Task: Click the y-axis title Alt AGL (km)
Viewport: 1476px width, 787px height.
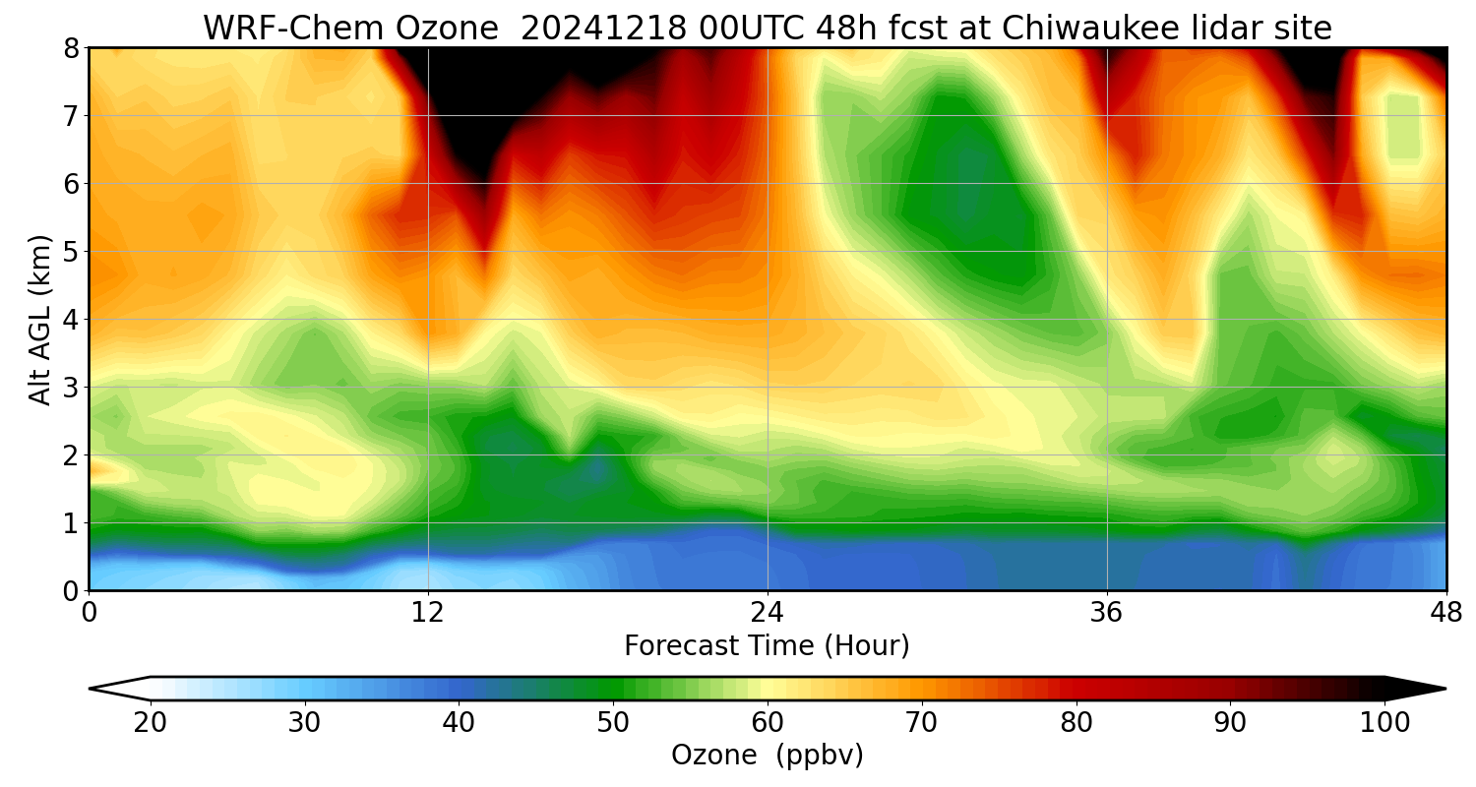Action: (40, 319)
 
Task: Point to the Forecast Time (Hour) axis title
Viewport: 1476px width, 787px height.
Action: (767, 646)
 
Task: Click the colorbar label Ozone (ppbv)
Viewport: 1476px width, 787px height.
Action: (767, 756)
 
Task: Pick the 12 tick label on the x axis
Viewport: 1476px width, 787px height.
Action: (428, 614)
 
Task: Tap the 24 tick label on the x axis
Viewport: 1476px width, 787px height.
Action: (768, 614)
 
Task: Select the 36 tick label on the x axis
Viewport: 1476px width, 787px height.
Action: (1107, 614)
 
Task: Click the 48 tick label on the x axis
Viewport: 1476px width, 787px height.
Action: (1445, 614)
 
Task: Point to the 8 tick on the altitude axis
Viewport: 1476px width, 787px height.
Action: (71, 48)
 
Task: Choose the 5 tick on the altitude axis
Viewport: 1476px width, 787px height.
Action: (71, 252)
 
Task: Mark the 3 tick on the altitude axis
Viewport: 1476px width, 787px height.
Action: (71, 388)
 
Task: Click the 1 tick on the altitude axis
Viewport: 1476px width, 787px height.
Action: (71, 523)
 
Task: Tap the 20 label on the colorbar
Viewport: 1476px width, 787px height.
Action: (150, 723)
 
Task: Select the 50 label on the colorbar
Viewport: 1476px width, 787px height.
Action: (613, 723)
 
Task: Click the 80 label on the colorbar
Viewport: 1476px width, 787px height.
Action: (1076, 723)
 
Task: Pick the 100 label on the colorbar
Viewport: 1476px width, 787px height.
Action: (1384, 723)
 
